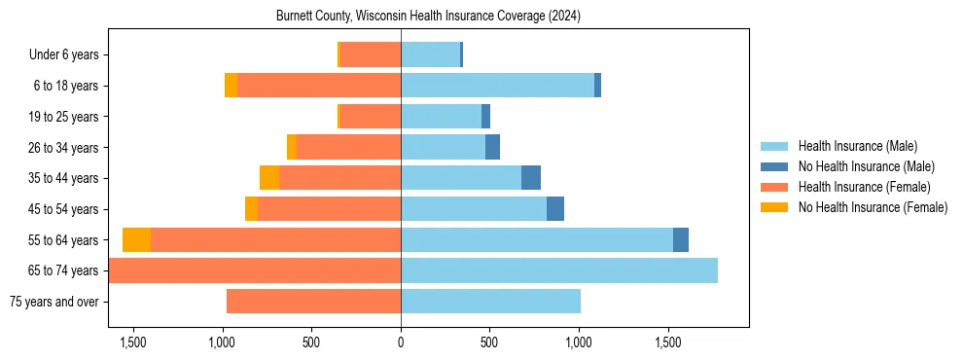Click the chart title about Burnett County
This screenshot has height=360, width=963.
428,17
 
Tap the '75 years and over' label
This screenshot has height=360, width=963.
53,302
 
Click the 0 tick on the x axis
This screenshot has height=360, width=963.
401,342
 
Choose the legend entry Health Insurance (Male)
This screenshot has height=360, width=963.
857,146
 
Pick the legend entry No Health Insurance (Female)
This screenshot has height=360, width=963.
873,207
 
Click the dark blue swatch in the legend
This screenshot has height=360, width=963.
774,166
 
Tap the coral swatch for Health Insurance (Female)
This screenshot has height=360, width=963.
774,187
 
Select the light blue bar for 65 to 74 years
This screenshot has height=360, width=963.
559,270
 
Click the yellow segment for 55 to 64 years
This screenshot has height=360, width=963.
136,239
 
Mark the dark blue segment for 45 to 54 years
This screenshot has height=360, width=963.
555,209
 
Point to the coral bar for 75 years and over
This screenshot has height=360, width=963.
313,302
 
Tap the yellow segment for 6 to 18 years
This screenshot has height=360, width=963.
231,86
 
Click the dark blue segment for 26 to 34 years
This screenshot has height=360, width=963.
492,147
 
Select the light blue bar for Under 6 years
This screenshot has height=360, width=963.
430,55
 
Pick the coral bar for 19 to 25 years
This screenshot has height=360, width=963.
371,117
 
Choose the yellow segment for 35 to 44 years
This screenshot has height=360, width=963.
269,178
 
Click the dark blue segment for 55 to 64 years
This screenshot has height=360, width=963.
681,239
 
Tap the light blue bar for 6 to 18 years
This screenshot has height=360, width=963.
497,86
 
